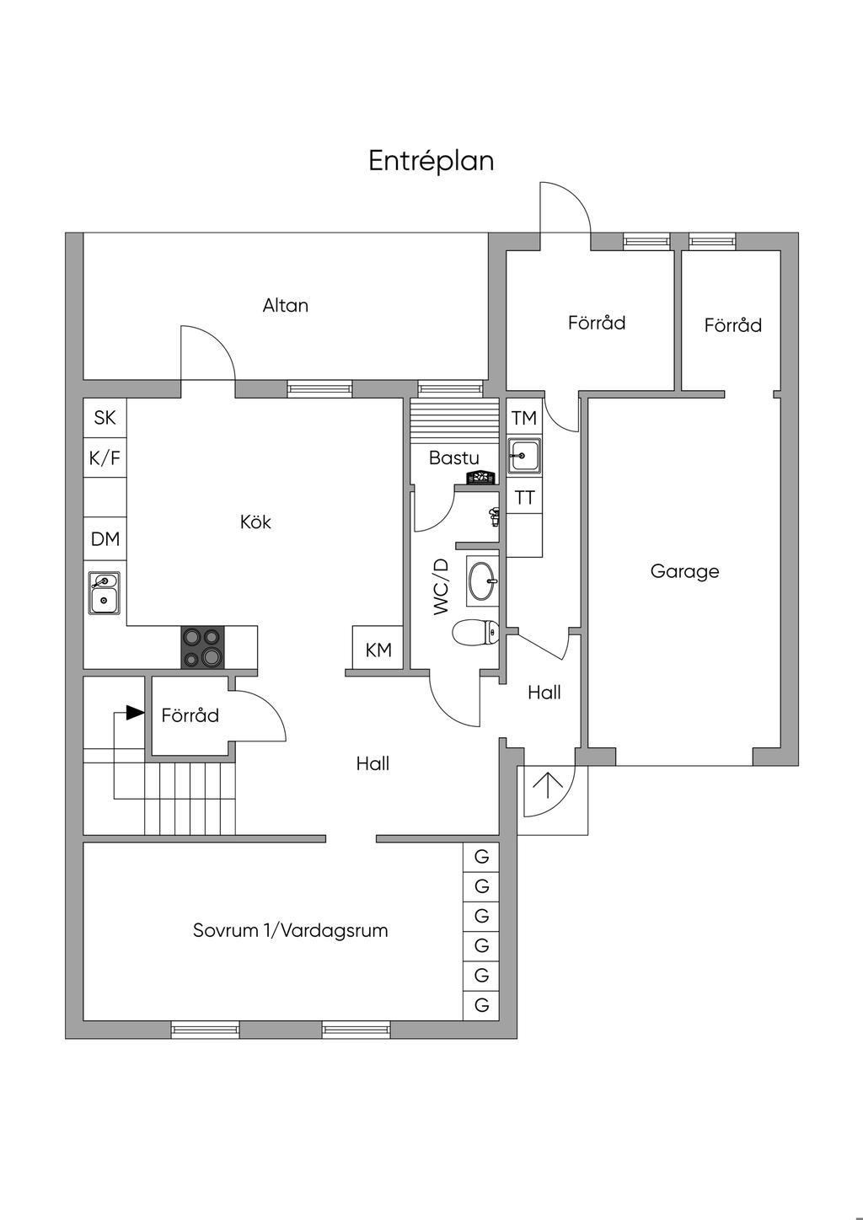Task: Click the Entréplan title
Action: pyautogui.click(x=431, y=161)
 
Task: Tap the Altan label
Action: pyautogui.click(x=285, y=306)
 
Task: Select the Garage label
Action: pyautogui.click(x=684, y=571)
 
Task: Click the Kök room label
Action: pyautogui.click(x=255, y=522)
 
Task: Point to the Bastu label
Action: pyautogui.click(x=454, y=457)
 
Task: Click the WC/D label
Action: pyautogui.click(x=441, y=586)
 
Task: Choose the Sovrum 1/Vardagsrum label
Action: pyautogui.click(x=291, y=929)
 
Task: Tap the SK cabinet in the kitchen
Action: pyautogui.click(x=105, y=418)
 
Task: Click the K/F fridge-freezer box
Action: pyautogui.click(x=105, y=457)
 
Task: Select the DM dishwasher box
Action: pyautogui.click(x=105, y=538)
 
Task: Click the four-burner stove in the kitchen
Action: pyautogui.click(x=202, y=647)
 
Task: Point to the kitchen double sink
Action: pyautogui.click(x=104, y=593)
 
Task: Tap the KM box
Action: pyautogui.click(x=378, y=648)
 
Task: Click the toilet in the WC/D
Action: pyautogui.click(x=475, y=633)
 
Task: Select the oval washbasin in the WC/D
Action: pyautogui.click(x=482, y=581)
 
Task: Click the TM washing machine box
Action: pyautogui.click(x=524, y=418)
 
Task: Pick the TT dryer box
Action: pyautogui.click(x=524, y=498)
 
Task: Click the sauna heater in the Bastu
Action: pyautogui.click(x=481, y=478)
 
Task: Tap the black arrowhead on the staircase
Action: pyautogui.click(x=135, y=713)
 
